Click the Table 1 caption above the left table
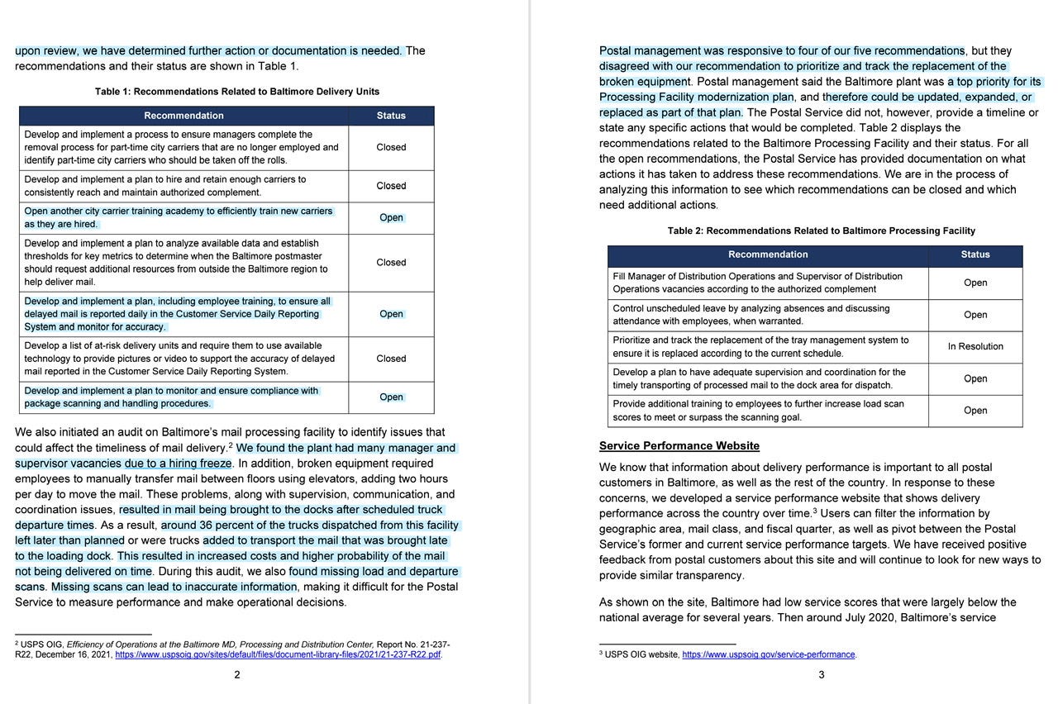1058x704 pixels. pyautogui.click(x=237, y=91)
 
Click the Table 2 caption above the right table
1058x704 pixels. pyautogui.click(x=821, y=231)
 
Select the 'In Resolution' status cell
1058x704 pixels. pyautogui.click(x=975, y=346)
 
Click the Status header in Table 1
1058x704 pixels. pyautogui.click(x=391, y=116)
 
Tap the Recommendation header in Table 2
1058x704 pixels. pyautogui.click(x=768, y=254)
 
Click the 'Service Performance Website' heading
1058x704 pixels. pyautogui.click(x=679, y=446)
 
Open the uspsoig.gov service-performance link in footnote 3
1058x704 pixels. pyautogui.click(x=768, y=654)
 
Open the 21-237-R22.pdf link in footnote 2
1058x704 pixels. pyautogui.click(x=278, y=654)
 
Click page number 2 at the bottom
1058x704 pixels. pyautogui.click(x=237, y=674)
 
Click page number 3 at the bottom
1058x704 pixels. pyautogui.click(x=821, y=674)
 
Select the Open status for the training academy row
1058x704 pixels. pyautogui.click(x=391, y=218)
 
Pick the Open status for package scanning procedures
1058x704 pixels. pyautogui.click(x=391, y=397)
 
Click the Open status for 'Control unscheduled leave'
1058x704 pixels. pyautogui.click(x=975, y=315)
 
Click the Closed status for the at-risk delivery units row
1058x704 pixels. pyautogui.click(x=391, y=359)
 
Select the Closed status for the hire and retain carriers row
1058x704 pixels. pyautogui.click(x=391, y=186)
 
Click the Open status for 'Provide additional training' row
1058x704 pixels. pyautogui.click(x=975, y=411)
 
